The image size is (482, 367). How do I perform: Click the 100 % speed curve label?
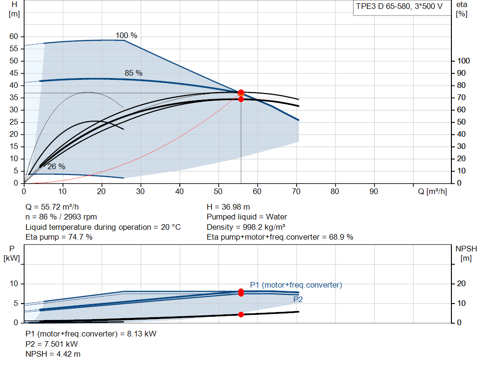pyautogui.click(x=126, y=36)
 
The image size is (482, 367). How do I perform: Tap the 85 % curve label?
pyautogui.click(x=133, y=73)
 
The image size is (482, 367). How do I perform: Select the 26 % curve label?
pyautogui.click(x=56, y=167)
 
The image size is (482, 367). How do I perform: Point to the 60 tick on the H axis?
pyautogui.click(x=14, y=37)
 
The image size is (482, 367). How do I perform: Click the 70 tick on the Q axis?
pyautogui.click(x=296, y=191)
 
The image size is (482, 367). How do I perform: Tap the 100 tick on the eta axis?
pyautogui.click(x=463, y=61)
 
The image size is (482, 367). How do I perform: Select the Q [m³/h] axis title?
pyautogui.click(x=432, y=191)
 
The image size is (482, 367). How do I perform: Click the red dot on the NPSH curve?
pyautogui.click(x=241, y=314)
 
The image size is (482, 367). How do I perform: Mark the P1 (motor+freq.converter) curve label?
pyautogui.click(x=296, y=285)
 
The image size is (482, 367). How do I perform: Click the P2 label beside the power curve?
pyautogui.click(x=298, y=299)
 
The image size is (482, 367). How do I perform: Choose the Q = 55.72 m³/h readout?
pyautogui.click(x=52, y=207)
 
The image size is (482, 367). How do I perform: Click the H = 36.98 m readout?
pyautogui.click(x=228, y=207)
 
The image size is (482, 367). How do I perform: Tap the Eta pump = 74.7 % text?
pyautogui.click(x=59, y=237)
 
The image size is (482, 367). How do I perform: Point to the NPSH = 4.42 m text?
pyautogui.click(x=53, y=354)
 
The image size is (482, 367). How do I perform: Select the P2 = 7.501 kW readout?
pyautogui.click(x=52, y=344)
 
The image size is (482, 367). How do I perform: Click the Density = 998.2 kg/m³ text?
pyautogui.click(x=246, y=227)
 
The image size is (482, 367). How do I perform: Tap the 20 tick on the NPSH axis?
pyautogui.click(x=461, y=283)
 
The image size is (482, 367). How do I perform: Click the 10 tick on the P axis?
pyautogui.click(x=14, y=283)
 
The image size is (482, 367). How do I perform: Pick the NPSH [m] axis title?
pyautogui.click(x=466, y=253)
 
